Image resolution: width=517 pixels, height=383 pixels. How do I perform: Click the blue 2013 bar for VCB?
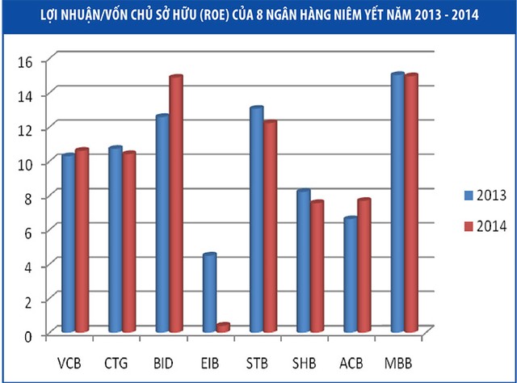[69, 242]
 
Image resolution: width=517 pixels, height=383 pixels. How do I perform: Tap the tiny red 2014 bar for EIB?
[223, 327]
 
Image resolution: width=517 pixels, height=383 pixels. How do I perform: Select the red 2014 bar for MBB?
[411, 203]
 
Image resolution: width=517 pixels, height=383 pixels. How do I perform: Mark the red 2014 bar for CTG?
[129, 242]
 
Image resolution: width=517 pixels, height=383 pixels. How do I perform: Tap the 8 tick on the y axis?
[25, 198]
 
